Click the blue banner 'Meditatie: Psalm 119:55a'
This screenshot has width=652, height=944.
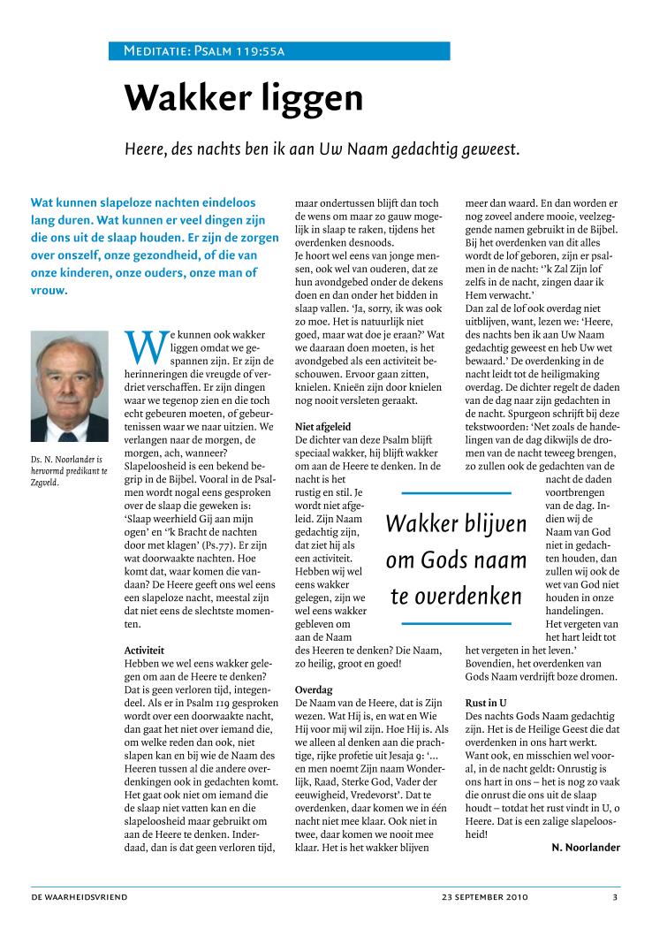coord(278,51)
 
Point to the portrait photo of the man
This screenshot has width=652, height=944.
coord(67,386)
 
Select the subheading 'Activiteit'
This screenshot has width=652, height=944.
coord(146,650)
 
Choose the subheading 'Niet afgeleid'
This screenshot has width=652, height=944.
coord(324,427)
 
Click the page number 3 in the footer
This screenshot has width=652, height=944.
coord(615,897)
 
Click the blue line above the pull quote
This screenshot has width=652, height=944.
coord(456,492)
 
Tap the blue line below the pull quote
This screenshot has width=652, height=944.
coord(456,624)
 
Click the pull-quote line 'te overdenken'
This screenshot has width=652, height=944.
coord(456,597)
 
